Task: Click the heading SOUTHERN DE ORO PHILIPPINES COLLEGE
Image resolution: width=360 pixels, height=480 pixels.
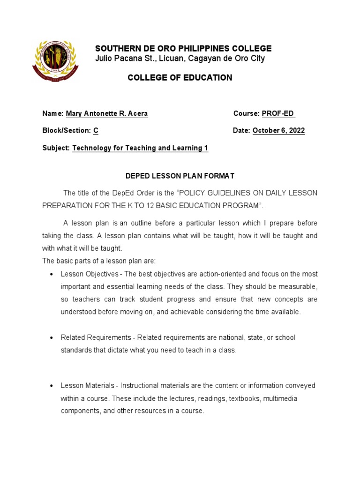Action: (183, 49)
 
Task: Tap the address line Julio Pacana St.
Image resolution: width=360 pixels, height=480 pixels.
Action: (180, 59)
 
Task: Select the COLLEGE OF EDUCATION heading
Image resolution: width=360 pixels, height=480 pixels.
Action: (180, 78)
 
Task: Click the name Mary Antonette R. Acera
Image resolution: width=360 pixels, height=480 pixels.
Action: (107, 114)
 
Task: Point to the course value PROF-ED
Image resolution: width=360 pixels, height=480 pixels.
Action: (278, 114)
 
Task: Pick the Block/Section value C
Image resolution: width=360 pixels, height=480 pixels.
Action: (96, 131)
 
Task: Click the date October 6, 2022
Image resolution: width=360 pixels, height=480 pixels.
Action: (278, 131)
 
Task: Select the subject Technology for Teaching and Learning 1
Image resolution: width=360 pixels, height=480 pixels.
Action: (140, 148)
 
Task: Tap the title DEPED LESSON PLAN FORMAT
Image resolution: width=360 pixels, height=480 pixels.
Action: (180, 176)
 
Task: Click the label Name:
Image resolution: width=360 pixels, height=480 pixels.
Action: (53, 114)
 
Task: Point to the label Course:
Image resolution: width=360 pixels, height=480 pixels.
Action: (246, 114)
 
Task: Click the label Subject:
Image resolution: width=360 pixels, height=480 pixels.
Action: (56, 148)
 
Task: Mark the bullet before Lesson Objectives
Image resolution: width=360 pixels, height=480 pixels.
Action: (51, 274)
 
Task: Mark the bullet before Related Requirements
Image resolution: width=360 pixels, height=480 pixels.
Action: (51, 338)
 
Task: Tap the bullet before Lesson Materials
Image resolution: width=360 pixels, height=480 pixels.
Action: (51, 386)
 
